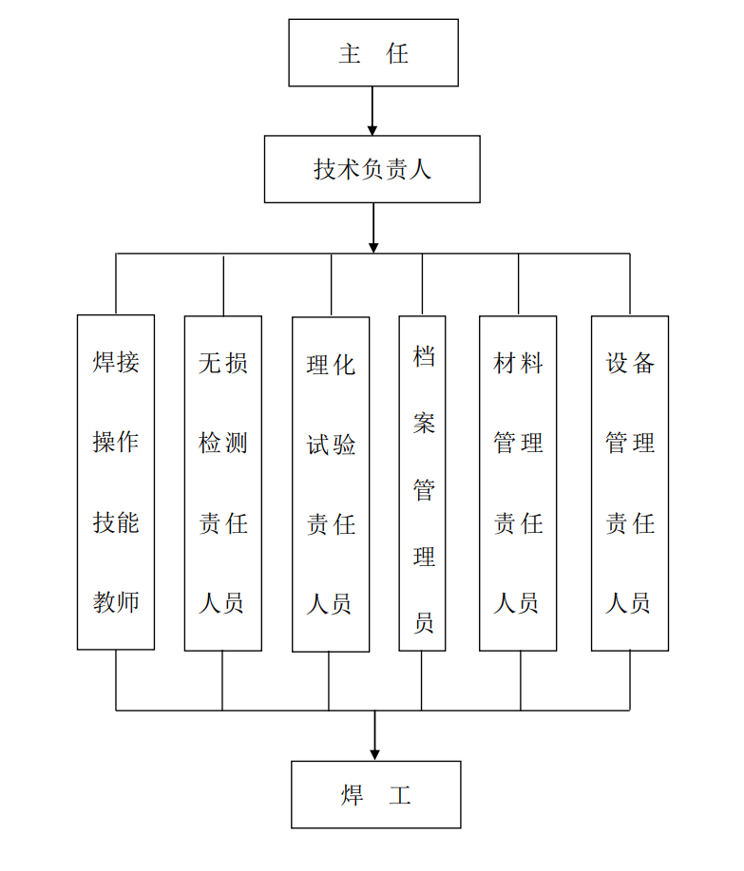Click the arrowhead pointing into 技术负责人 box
(372, 130)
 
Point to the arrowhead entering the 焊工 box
(375, 755)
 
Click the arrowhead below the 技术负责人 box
(373, 248)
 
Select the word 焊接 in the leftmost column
(116, 362)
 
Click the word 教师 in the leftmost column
(116, 602)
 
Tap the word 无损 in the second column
(222, 363)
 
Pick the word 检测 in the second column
(222, 443)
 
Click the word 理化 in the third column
(331, 365)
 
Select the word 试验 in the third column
(331, 445)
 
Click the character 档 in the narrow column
(424, 356)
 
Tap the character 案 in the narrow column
(424, 423)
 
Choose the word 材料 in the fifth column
(518, 363)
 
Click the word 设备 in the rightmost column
(630, 363)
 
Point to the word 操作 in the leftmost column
(116, 443)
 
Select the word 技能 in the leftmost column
(116, 522)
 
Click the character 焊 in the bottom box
(353, 795)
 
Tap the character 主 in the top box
(350, 53)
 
